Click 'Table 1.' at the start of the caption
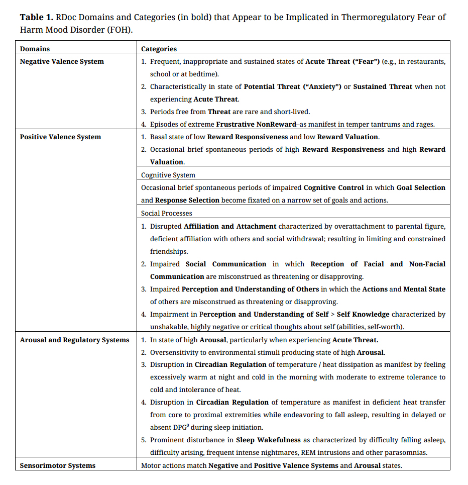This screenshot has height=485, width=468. coord(36,18)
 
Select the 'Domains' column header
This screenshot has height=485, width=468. coord(35,49)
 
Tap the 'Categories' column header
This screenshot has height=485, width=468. coord(159,49)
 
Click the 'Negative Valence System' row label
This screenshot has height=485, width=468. coord(62,61)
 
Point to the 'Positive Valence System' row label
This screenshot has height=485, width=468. coord(60,137)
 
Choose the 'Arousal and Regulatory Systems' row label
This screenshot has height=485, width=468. coord(74,340)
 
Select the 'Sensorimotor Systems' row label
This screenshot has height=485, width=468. coord(57,465)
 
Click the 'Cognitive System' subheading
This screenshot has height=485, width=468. coord(168,175)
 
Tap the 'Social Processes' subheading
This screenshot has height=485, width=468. coord(166,213)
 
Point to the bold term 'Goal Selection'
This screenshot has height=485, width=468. coord(421,187)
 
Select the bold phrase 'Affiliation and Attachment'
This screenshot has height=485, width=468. coord(230,226)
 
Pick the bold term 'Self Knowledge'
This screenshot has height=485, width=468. coord(363,314)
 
